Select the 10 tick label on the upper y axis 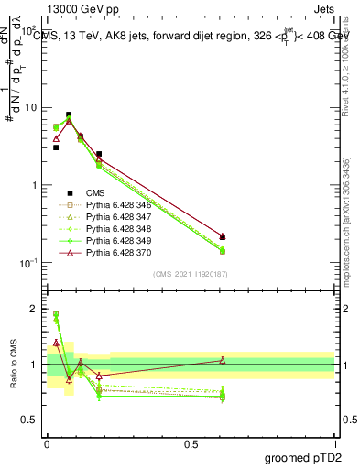pos(31,108)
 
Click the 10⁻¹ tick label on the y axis pos(29,263)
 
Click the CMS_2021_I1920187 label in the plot pos(190,275)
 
